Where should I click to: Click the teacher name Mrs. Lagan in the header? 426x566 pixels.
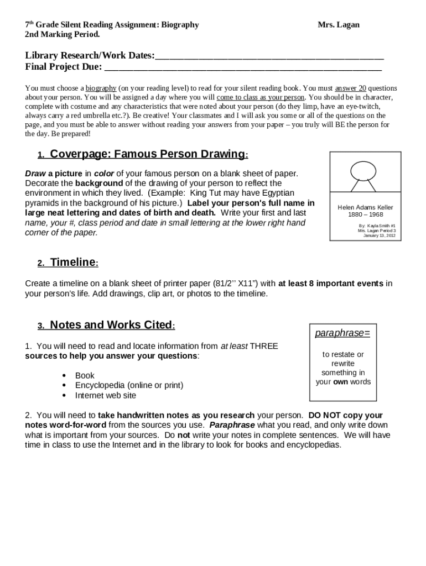(x=338, y=25)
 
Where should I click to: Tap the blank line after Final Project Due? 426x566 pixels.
(x=243, y=68)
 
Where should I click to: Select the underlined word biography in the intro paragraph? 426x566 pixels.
(x=101, y=88)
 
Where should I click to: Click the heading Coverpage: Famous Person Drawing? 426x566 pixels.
(x=148, y=154)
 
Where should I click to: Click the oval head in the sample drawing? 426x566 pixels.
(x=363, y=170)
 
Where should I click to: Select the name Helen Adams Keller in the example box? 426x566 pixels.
(x=365, y=208)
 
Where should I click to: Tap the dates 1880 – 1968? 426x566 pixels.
(x=365, y=215)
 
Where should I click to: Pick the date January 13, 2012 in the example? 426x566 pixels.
(x=379, y=235)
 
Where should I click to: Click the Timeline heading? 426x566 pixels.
(x=73, y=263)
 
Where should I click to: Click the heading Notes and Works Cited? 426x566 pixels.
(x=111, y=325)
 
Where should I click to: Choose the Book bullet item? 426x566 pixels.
(x=85, y=376)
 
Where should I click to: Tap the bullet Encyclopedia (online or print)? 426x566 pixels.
(x=129, y=386)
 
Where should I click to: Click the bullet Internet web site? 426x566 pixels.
(x=105, y=396)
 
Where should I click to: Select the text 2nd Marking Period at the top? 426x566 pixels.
(x=63, y=34)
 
